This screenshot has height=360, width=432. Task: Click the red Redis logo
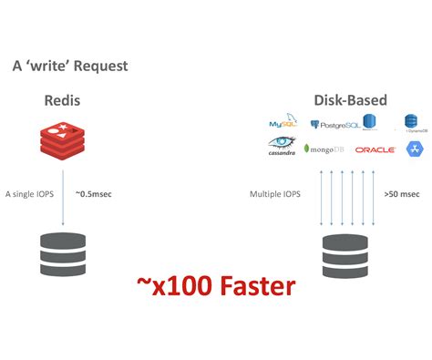pos(62,139)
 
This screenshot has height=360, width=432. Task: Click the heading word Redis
pos(62,99)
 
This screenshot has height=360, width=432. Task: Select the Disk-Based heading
pos(350,99)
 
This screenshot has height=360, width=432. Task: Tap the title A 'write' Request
pos(69,67)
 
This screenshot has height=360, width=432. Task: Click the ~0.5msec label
pos(93,194)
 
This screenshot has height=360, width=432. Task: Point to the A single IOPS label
pos(29,194)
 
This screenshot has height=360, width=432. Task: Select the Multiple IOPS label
pos(274,194)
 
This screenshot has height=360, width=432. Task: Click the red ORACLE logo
pos(375,149)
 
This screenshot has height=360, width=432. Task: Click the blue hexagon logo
pos(414,148)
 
